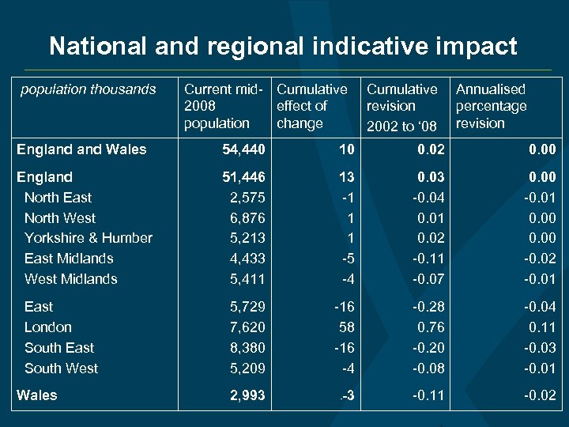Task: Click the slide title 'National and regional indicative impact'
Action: point(283,46)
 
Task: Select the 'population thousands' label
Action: point(89,89)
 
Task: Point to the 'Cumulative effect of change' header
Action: point(311,106)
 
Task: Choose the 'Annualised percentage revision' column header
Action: point(492,106)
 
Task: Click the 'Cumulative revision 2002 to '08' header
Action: point(401,107)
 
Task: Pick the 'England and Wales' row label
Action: point(81,149)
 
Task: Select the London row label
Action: point(48,327)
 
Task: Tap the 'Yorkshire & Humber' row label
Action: point(89,237)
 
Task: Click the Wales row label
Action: point(37,395)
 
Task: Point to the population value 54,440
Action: point(245,149)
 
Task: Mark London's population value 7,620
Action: point(247,327)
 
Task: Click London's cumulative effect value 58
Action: point(348,327)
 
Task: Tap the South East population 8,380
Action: point(247,347)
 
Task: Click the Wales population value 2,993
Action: point(247,395)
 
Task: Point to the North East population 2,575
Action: point(247,197)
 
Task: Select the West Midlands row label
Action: point(71,278)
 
